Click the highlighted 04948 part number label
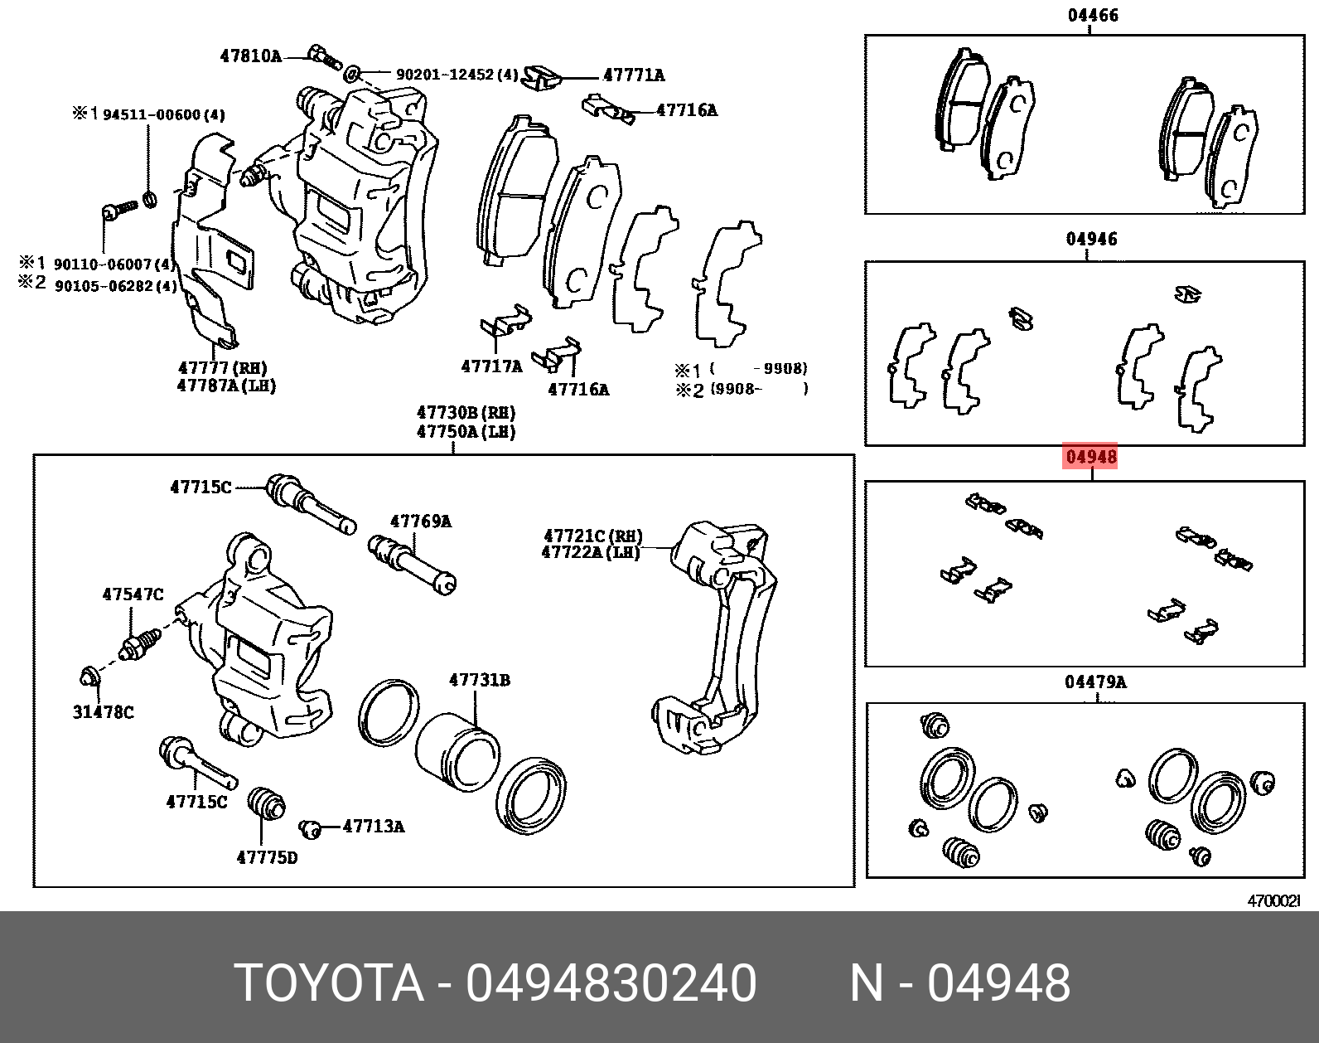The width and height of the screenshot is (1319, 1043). (1091, 457)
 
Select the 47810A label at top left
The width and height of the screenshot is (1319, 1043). (250, 56)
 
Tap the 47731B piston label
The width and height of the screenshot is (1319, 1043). (480, 680)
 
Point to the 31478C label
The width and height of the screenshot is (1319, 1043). (103, 711)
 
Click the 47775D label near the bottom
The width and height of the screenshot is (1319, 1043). (266, 857)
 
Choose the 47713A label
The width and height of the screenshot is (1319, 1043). (374, 826)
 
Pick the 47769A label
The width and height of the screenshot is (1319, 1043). (421, 521)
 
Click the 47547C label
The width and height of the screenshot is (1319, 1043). (133, 594)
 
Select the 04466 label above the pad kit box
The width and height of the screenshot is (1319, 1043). (1092, 15)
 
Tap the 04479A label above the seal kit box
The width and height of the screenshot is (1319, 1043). (1095, 682)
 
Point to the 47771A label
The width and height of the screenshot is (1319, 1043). (634, 75)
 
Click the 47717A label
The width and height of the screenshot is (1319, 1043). (492, 366)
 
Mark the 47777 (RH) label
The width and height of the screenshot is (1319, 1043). (222, 367)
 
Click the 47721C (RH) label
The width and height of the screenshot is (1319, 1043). (592, 536)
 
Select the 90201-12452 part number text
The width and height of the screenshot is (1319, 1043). (457, 75)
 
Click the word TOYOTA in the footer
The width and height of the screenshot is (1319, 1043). (329, 983)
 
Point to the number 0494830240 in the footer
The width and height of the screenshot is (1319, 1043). (611, 983)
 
